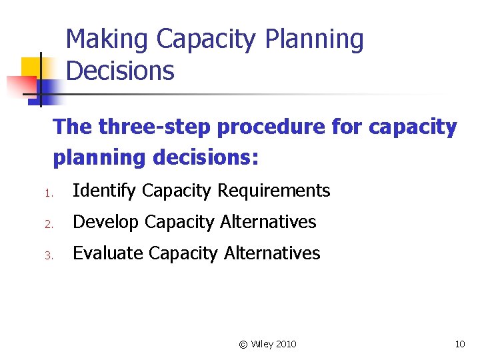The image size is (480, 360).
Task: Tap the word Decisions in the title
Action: (121, 71)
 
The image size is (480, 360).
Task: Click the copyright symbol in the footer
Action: (243, 345)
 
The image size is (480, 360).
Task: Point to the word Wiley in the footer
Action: (261, 345)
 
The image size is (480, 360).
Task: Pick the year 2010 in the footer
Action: (286, 345)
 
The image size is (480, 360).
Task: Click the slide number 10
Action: (459, 345)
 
